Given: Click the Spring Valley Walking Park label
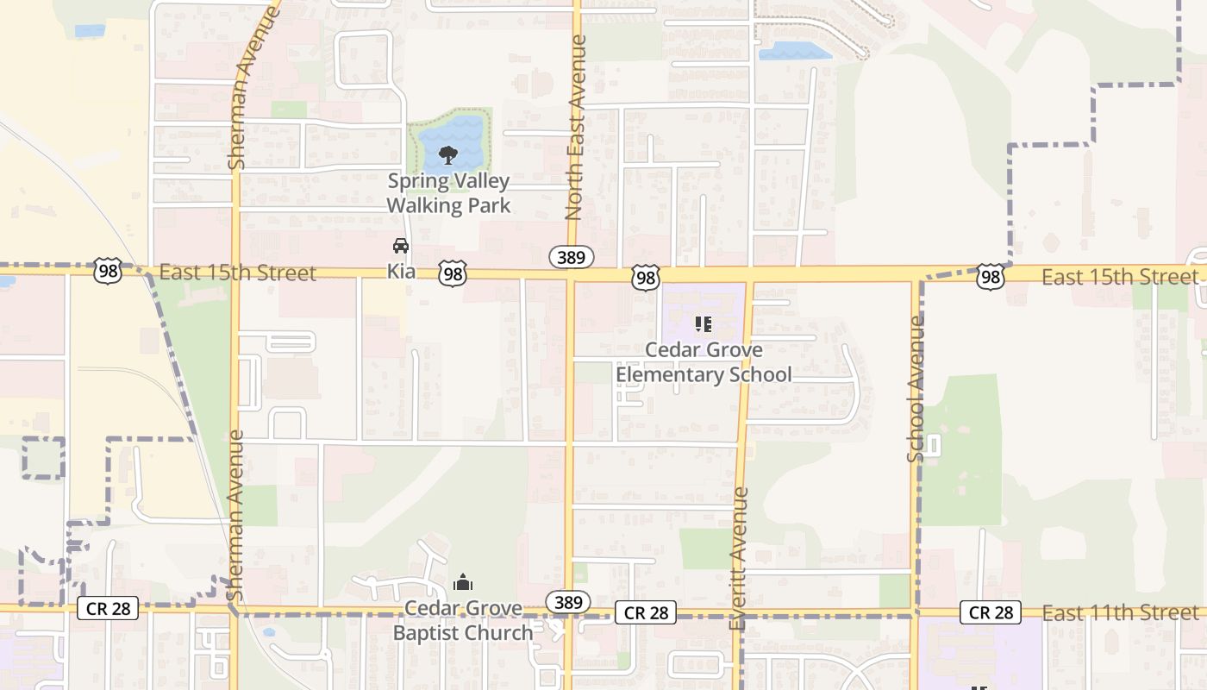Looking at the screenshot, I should point(448,193).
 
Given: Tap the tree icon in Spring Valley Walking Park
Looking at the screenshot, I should point(447,155).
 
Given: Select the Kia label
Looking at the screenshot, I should point(401,271).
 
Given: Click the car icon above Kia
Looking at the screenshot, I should point(401,246).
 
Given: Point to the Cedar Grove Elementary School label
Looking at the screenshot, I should point(704,362).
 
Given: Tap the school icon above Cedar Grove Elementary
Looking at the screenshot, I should point(704,324).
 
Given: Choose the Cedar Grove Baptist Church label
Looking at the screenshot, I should point(463,621).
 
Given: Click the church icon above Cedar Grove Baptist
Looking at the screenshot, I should point(463,583).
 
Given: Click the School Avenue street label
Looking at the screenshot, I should point(916,388).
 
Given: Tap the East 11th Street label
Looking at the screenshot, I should point(1120,613).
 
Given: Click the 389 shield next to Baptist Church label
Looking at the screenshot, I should point(568,602).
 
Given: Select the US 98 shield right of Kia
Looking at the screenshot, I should point(453,274).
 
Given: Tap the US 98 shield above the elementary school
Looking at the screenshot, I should point(646,277).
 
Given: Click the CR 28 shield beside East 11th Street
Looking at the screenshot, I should point(991,612).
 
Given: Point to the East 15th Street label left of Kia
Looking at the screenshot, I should point(238,273).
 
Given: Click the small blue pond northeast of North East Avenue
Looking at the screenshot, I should point(794,51).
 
